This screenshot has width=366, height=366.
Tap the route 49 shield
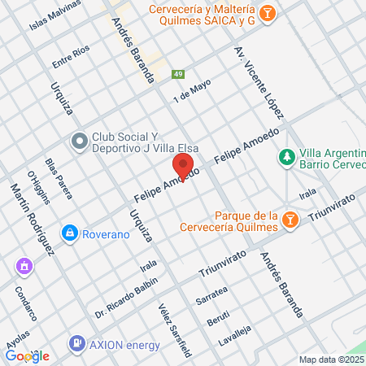pyautogui.click(x=177, y=75)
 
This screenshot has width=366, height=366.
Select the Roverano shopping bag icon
pyautogui.click(x=71, y=233)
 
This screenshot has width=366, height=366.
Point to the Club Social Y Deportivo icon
pyautogui.click(x=79, y=142)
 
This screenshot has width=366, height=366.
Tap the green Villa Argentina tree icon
pyautogui.click(x=286, y=155)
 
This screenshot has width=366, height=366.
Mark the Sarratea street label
pyautogui.click(x=211, y=294)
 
